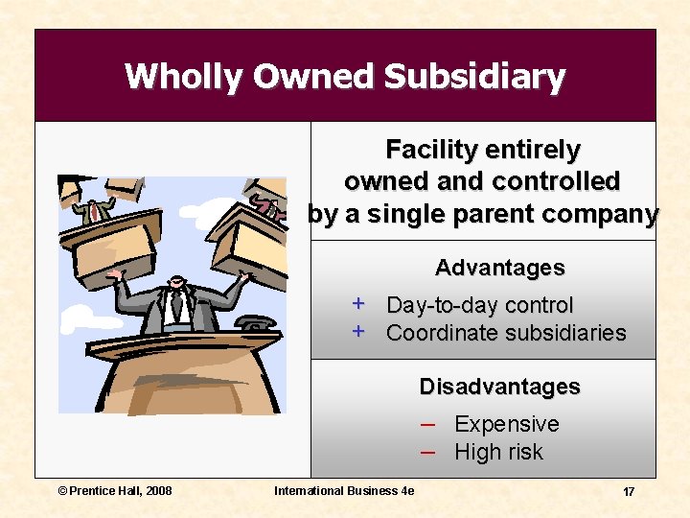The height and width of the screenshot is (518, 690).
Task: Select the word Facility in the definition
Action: click(x=430, y=151)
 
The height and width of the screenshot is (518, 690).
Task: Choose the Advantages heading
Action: click(x=499, y=268)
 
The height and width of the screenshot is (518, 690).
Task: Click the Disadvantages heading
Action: click(x=499, y=387)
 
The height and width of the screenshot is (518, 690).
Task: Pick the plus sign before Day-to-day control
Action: click(x=357, y=304)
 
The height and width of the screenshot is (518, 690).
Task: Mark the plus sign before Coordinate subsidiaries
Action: click(x=357, y=332)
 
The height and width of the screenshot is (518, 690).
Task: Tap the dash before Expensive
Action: click(x=428, y=424)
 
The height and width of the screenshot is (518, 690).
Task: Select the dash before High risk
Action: click(x=428, y=452)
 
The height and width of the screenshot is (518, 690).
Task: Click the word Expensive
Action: click(x=506, y=424)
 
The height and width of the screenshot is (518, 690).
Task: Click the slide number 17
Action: click(x=629, y=491)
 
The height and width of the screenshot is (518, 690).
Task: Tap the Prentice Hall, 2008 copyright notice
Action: click(x=115, y=491)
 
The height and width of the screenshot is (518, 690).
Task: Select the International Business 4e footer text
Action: click(x=344, y=491)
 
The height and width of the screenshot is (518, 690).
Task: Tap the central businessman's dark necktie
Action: click(x=176, y=307)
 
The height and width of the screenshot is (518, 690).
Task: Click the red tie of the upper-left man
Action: click(x=95, y=210)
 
